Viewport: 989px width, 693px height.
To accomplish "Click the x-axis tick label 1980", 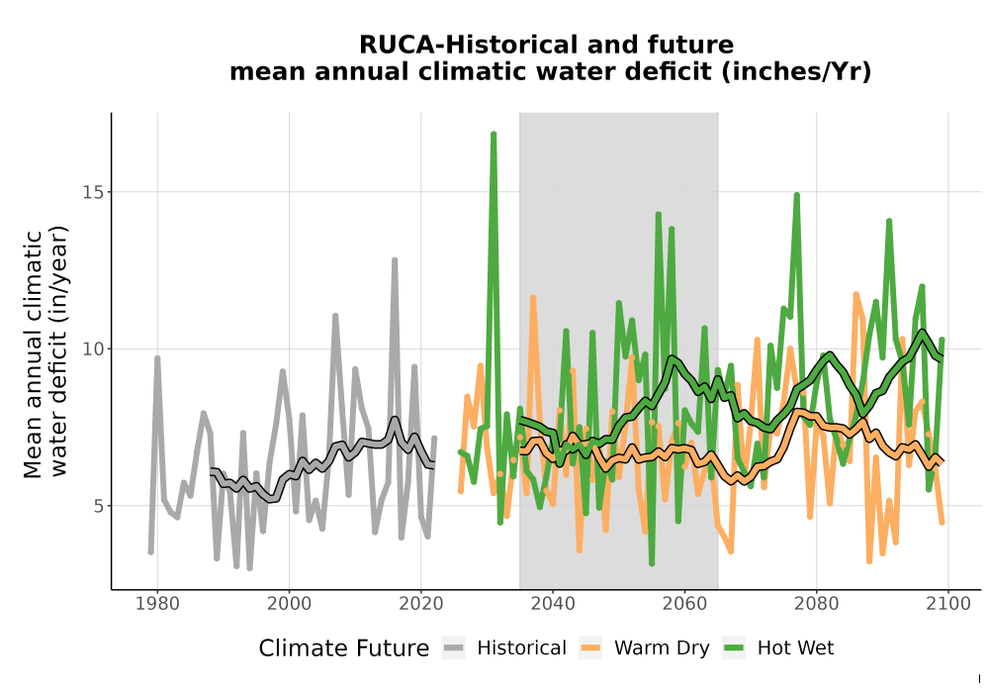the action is click(x=157, y=604).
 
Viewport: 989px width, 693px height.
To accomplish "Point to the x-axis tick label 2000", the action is click(x=289, y=604).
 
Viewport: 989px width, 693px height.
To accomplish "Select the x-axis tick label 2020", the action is click(x=420, y=604).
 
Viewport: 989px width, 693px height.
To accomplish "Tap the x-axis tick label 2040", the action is click(x=553, y=604).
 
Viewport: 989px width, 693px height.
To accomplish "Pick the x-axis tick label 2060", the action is click(x=684, y=604).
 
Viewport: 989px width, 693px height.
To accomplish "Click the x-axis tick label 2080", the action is click(x=816, y=604).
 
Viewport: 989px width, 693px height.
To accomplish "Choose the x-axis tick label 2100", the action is click(x=948, y=604).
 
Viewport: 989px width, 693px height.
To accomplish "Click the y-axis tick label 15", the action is click(x=93, y=192).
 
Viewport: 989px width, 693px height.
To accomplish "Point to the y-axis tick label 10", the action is click(x=93, y=348).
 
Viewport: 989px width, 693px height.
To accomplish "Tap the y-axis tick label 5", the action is click(x=98, y=506).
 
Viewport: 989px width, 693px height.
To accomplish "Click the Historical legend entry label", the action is click(x=521, y=648).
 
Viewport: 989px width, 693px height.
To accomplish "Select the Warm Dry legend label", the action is click(x=662, y=648).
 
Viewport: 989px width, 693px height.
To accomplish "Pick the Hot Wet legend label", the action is click(x=795, y=648).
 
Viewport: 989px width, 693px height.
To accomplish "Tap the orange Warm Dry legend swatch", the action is click(x=591, y=647).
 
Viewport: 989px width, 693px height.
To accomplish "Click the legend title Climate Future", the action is click(x=344, y=648).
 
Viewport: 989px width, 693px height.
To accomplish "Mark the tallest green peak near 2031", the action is click(x=494, y=134).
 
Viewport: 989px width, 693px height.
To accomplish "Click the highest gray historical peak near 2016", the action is click(x=395, y=260).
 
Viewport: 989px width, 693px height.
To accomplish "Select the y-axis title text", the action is click(x=45, y=354).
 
